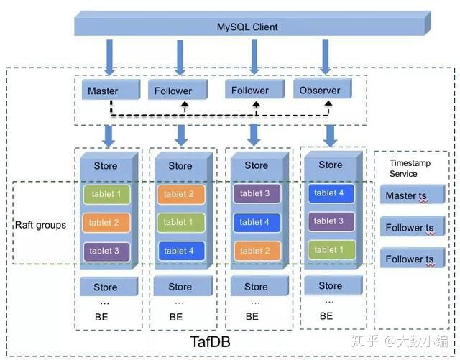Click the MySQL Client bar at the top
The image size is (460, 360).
pyautogui.click(x=247, y=27)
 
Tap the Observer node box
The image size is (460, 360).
pyautogui.click(x=321, y=90)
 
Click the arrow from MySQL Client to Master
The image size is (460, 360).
pyautogui.click(x=110, y=56)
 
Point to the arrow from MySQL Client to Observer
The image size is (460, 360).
pyautogui.click(x=326, y=56)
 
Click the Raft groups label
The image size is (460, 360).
pyautogui.click(x=40, y=225)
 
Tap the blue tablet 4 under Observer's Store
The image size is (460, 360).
pyautogui.click(x=330, y=193)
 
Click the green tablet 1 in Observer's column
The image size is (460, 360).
pyautogui.click(x=330, y=249)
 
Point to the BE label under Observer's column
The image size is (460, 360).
pyautogui.click(x=326, y=315)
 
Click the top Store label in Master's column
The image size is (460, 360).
pyautogui.click(x=106, y=166)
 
